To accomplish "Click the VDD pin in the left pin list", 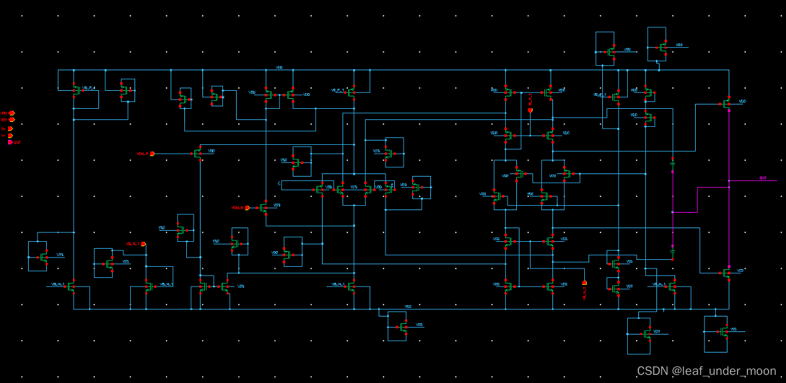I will pos(8,113).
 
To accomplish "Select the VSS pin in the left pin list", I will pos(8,120).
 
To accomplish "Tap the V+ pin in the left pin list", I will pos(8,128).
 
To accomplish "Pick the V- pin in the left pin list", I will pos(8,135).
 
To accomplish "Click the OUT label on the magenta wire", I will pos(762,178).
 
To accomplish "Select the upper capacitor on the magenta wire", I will pos(673,164).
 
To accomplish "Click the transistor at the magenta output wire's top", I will pos(727,104).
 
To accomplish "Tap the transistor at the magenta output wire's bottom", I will pos(727,272).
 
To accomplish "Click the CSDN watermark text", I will pos(706,371).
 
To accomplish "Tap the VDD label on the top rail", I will pos(279,67).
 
